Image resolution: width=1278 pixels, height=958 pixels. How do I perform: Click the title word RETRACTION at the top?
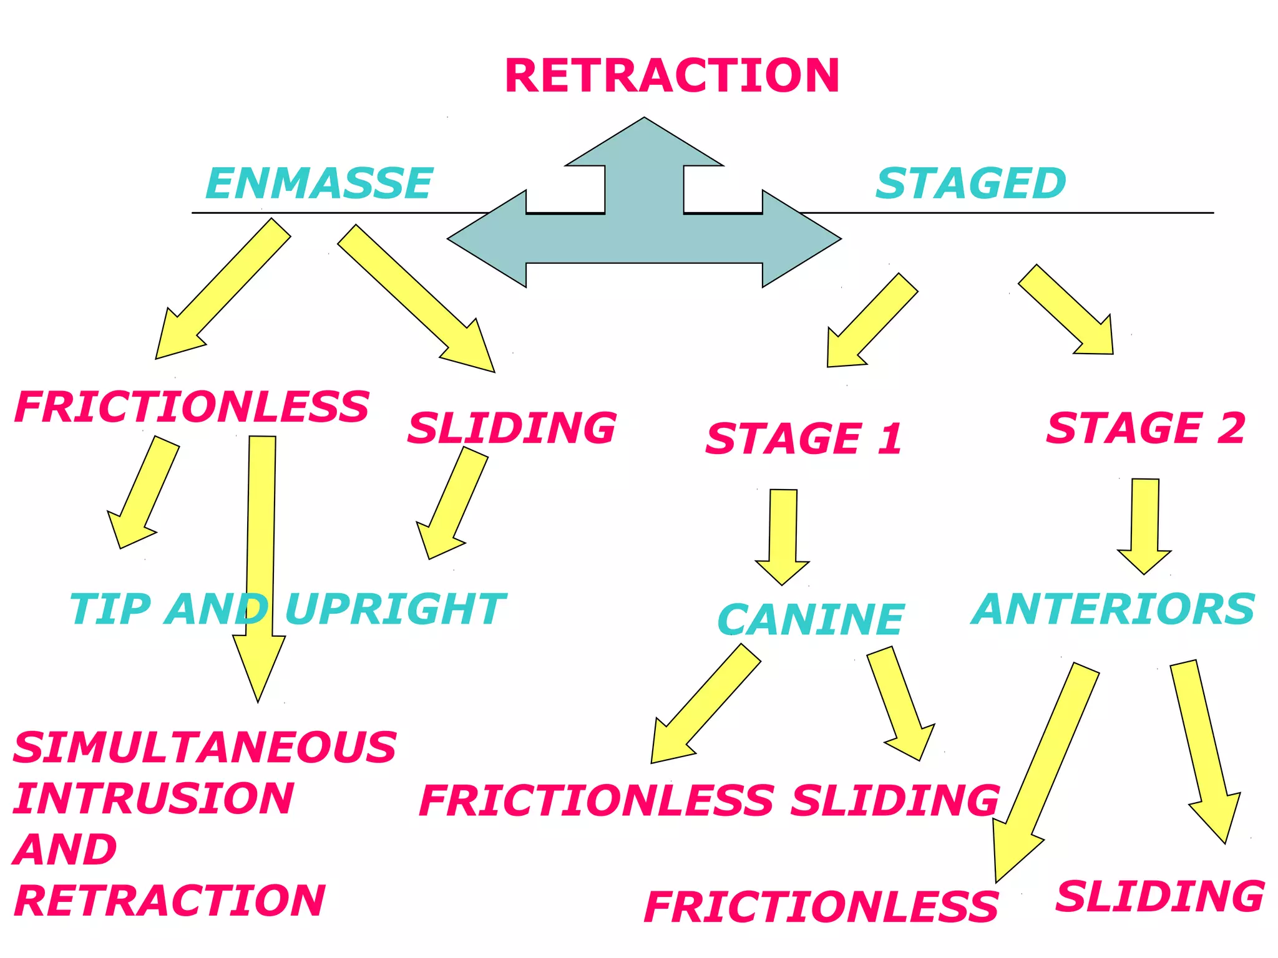tap(671, 75)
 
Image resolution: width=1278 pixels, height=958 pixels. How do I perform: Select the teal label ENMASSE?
tap(319, 183)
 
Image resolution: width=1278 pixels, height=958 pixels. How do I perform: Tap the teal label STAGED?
tap(970, 183)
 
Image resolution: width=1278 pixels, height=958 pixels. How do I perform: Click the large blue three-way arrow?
tap(644, 237)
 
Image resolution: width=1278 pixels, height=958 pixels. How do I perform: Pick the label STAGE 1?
tap(804, 438)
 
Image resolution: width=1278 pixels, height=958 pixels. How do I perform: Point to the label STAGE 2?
tap(1145, 428)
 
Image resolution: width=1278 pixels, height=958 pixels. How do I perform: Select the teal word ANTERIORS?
tap(1113, 609)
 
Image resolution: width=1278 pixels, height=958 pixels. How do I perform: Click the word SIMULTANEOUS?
tap(205, 747)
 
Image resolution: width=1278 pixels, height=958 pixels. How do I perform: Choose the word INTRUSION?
tap(154, 798)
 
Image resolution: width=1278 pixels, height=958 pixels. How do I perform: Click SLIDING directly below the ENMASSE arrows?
tap(512, 428)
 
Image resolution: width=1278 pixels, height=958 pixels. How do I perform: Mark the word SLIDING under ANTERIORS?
tap(1159, 897)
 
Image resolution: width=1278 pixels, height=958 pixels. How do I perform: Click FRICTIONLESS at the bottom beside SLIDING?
tap(821, 907)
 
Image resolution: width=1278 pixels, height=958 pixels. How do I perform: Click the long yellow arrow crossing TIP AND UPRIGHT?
tap(260, 561)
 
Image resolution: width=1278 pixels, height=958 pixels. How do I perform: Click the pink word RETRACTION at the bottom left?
tap(170, 901)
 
